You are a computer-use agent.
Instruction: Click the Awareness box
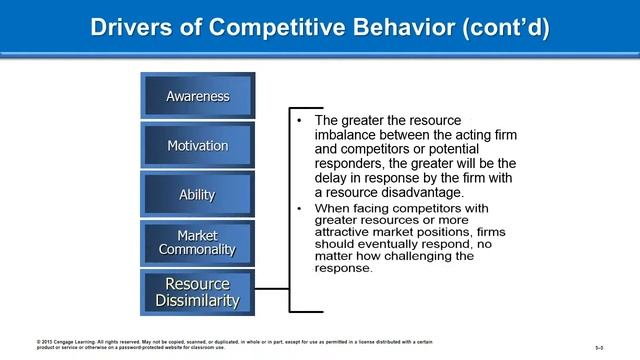pos(197,97)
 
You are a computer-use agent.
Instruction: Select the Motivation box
pos(197,146)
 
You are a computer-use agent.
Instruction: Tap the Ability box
pos(197,195)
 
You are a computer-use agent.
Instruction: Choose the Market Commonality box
pos(197,243)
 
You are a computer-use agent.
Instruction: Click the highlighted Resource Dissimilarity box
pos(197,291)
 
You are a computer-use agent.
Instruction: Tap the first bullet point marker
pos(301,121)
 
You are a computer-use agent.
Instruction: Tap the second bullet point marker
pos(301,208)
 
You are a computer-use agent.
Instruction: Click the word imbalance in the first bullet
pos(348,135)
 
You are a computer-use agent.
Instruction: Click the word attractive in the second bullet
pos(349,229)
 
